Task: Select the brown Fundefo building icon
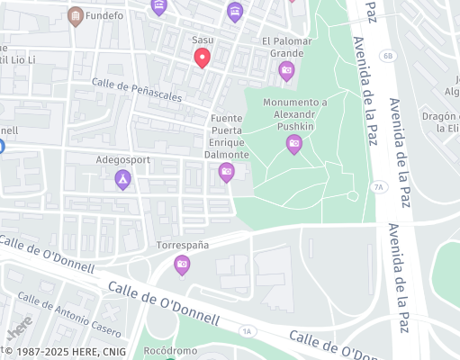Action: (75, 15)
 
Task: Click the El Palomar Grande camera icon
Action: (286, 70)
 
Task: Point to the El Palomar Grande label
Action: (287, 47)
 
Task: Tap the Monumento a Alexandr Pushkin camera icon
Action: (293, 142)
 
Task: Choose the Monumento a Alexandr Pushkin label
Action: (294, 114)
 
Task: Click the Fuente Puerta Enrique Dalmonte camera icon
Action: (226, 171)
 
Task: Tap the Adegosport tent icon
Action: (122, 179)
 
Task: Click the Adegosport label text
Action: (122, 160)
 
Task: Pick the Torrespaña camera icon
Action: (182, 264)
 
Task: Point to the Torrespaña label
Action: (183, 245)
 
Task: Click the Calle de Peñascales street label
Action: (137, 90)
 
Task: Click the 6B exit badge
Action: (388, 56)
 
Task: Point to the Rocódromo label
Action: (170, 350)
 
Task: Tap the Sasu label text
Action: (203, 40)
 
